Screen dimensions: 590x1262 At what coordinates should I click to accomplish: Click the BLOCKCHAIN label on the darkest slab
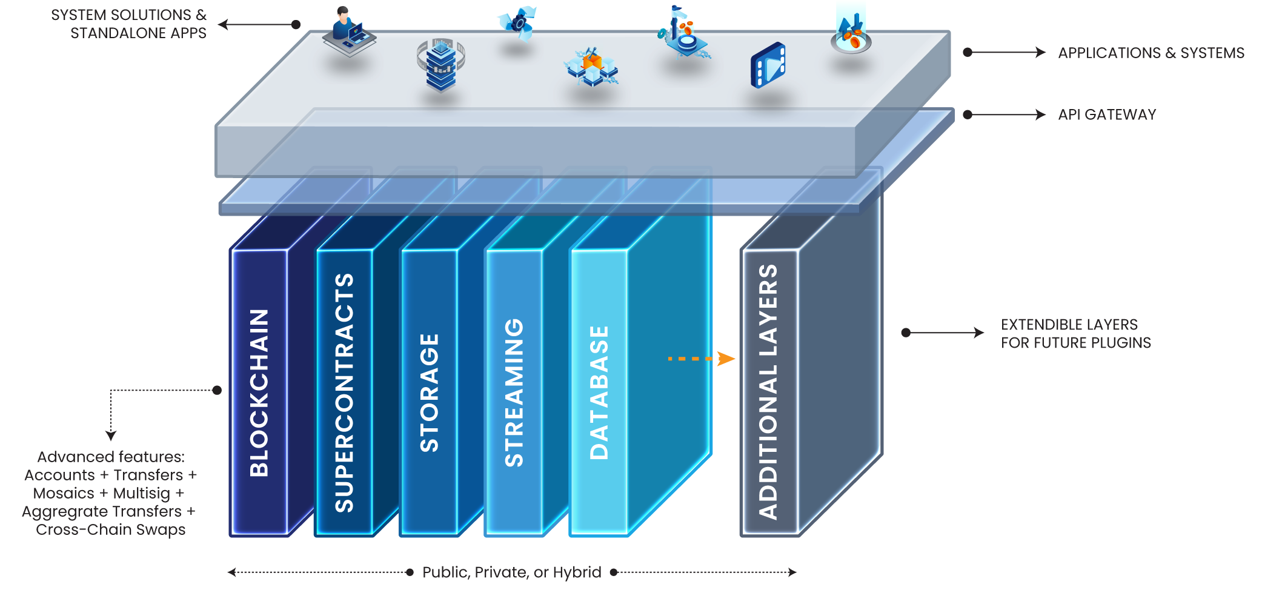(x=259, y=393)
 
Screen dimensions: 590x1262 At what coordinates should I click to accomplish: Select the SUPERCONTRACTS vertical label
(x=344, y=393)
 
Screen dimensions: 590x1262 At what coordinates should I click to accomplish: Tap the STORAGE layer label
(x=429, y=393)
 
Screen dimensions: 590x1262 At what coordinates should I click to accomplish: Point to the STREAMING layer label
(x=514, y=393)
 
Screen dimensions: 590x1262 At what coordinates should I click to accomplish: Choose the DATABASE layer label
(x=599, y=393)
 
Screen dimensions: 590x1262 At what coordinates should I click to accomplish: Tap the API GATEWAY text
(x=1107, y=114)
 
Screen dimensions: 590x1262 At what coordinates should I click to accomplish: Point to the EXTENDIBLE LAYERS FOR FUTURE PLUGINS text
(x=1075, y=334)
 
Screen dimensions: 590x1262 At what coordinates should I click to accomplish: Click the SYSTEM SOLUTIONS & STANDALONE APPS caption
(x=129, y=24)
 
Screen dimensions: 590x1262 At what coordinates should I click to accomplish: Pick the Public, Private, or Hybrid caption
(x=512, y=572)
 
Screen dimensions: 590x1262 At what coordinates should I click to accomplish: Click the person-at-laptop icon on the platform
(x=348, y=33)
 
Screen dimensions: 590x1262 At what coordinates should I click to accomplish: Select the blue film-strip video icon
(x=768, y=65)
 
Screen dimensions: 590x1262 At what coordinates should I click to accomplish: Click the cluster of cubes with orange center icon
(x=591, y=67)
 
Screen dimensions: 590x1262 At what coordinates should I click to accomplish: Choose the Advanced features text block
(x=110, y=493)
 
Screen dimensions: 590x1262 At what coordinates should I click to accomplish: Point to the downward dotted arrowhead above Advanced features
(x=111, y=435)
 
